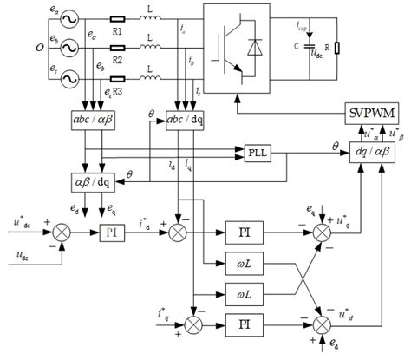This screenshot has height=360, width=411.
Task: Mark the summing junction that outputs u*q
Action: tap(323, 232)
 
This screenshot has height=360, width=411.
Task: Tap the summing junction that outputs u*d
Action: tap(323, 324)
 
